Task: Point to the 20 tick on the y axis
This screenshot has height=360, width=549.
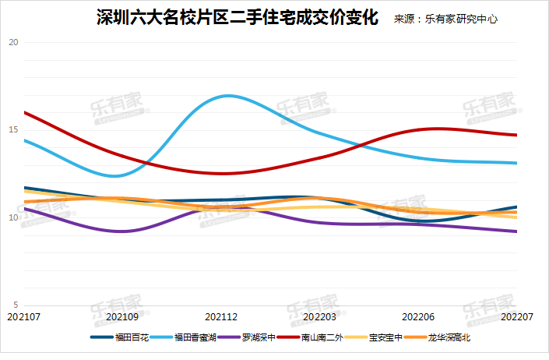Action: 12,42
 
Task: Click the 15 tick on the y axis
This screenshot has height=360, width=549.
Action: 12,129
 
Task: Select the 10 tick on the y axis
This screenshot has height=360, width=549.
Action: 12,217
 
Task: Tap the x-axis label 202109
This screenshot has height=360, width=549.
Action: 121,317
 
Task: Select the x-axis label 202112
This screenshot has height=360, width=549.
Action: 220,317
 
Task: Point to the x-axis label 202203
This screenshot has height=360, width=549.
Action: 319,317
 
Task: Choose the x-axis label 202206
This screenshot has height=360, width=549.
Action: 418,317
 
